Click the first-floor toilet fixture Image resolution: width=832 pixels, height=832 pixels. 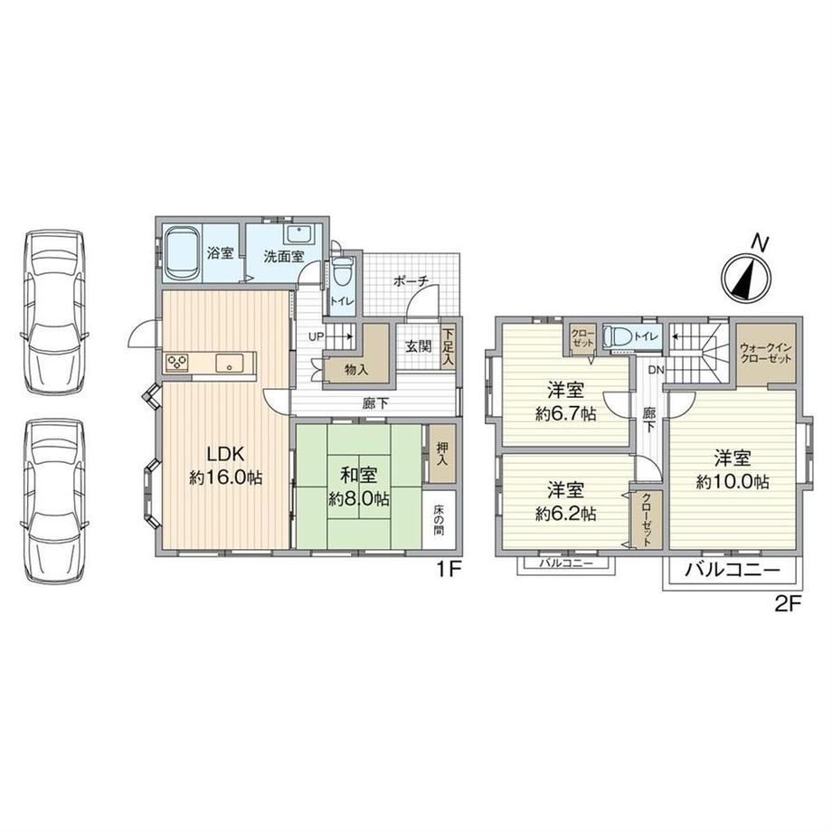(342, 274)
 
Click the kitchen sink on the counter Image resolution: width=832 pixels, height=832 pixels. (229, 364)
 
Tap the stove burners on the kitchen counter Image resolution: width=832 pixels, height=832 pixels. (176, 364)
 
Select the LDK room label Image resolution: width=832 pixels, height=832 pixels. (225, 454)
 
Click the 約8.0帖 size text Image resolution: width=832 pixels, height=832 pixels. (359, 499)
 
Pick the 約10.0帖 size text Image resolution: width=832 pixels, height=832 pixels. (733, 482)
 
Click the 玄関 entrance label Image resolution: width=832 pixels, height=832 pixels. (418, 347)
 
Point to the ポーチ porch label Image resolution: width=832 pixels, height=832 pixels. (411, 281)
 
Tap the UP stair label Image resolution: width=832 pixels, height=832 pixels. (317, 336)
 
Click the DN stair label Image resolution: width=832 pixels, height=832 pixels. (656, 370)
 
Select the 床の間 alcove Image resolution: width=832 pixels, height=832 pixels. (440, 519)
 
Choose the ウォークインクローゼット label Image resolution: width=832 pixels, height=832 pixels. (766, 354)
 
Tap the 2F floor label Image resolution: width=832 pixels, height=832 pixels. (788, 604)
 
